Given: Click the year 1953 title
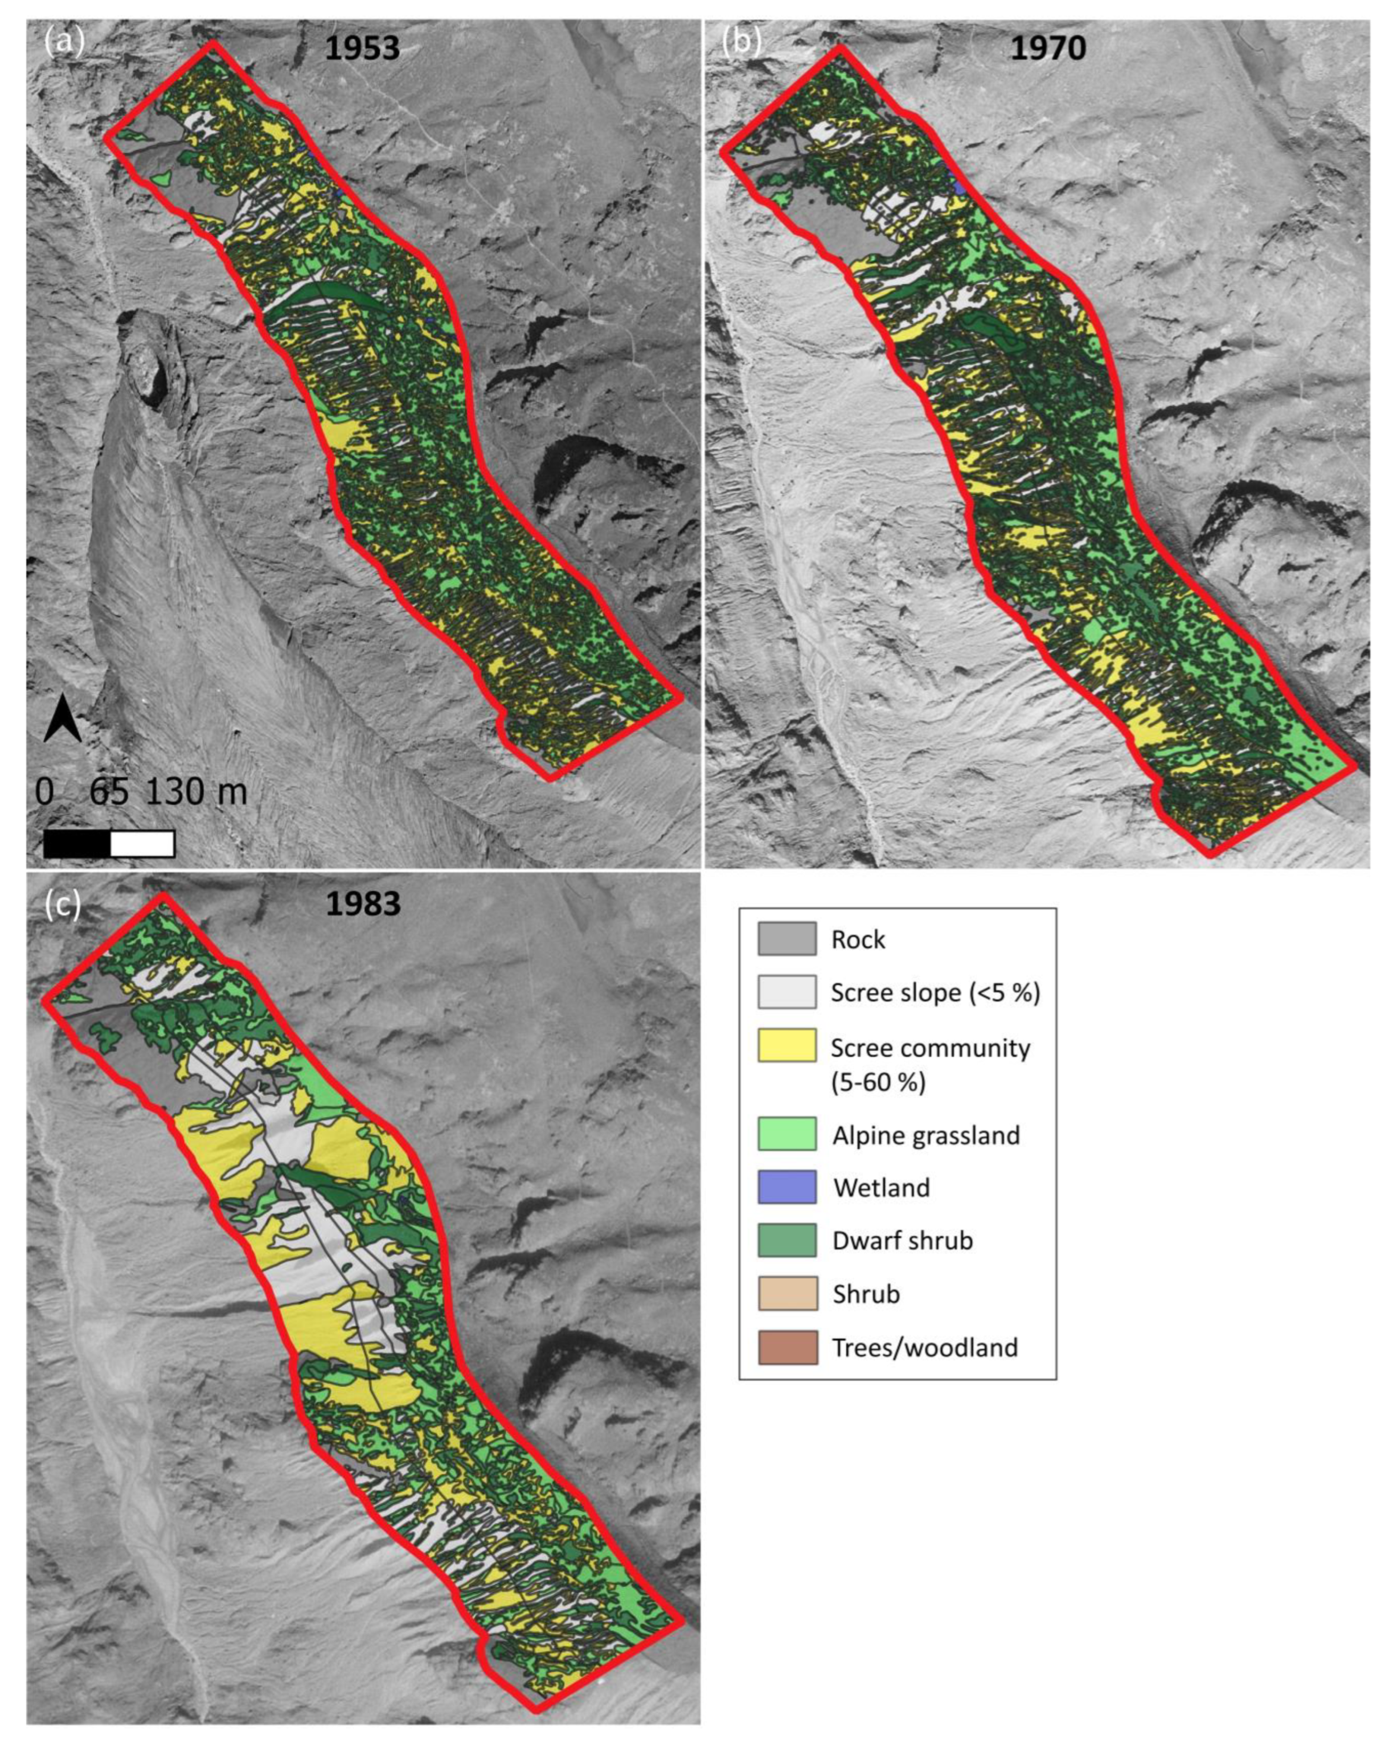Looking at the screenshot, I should click(x=362, y=48).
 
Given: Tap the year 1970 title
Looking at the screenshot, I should click(x=1048, y=48).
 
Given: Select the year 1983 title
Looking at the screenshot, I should click(x=363, y=903).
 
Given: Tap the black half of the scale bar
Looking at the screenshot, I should click(x=77, y=843).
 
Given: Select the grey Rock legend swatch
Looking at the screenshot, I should click(x=786, y=939).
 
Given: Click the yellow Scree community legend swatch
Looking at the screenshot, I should click(x=786, y=1045).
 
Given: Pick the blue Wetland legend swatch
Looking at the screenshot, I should click(x=786, y=1187).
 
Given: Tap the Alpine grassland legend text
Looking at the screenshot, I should click(x=926, y=1135).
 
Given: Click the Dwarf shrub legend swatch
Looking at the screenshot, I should click(x=786, y=1240).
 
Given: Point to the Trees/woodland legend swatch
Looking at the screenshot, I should click(x=786, y=1347).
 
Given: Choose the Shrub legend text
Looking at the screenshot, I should click(x=866, y=1293).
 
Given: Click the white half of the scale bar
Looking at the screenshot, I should click(x=142, y=843).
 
